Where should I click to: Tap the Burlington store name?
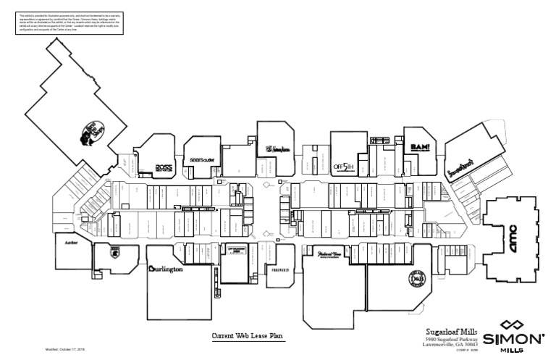point(166,269)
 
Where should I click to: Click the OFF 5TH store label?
point(342,166)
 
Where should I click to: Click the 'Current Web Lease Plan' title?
point(249,336)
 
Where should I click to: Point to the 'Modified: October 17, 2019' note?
point(65,348)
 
